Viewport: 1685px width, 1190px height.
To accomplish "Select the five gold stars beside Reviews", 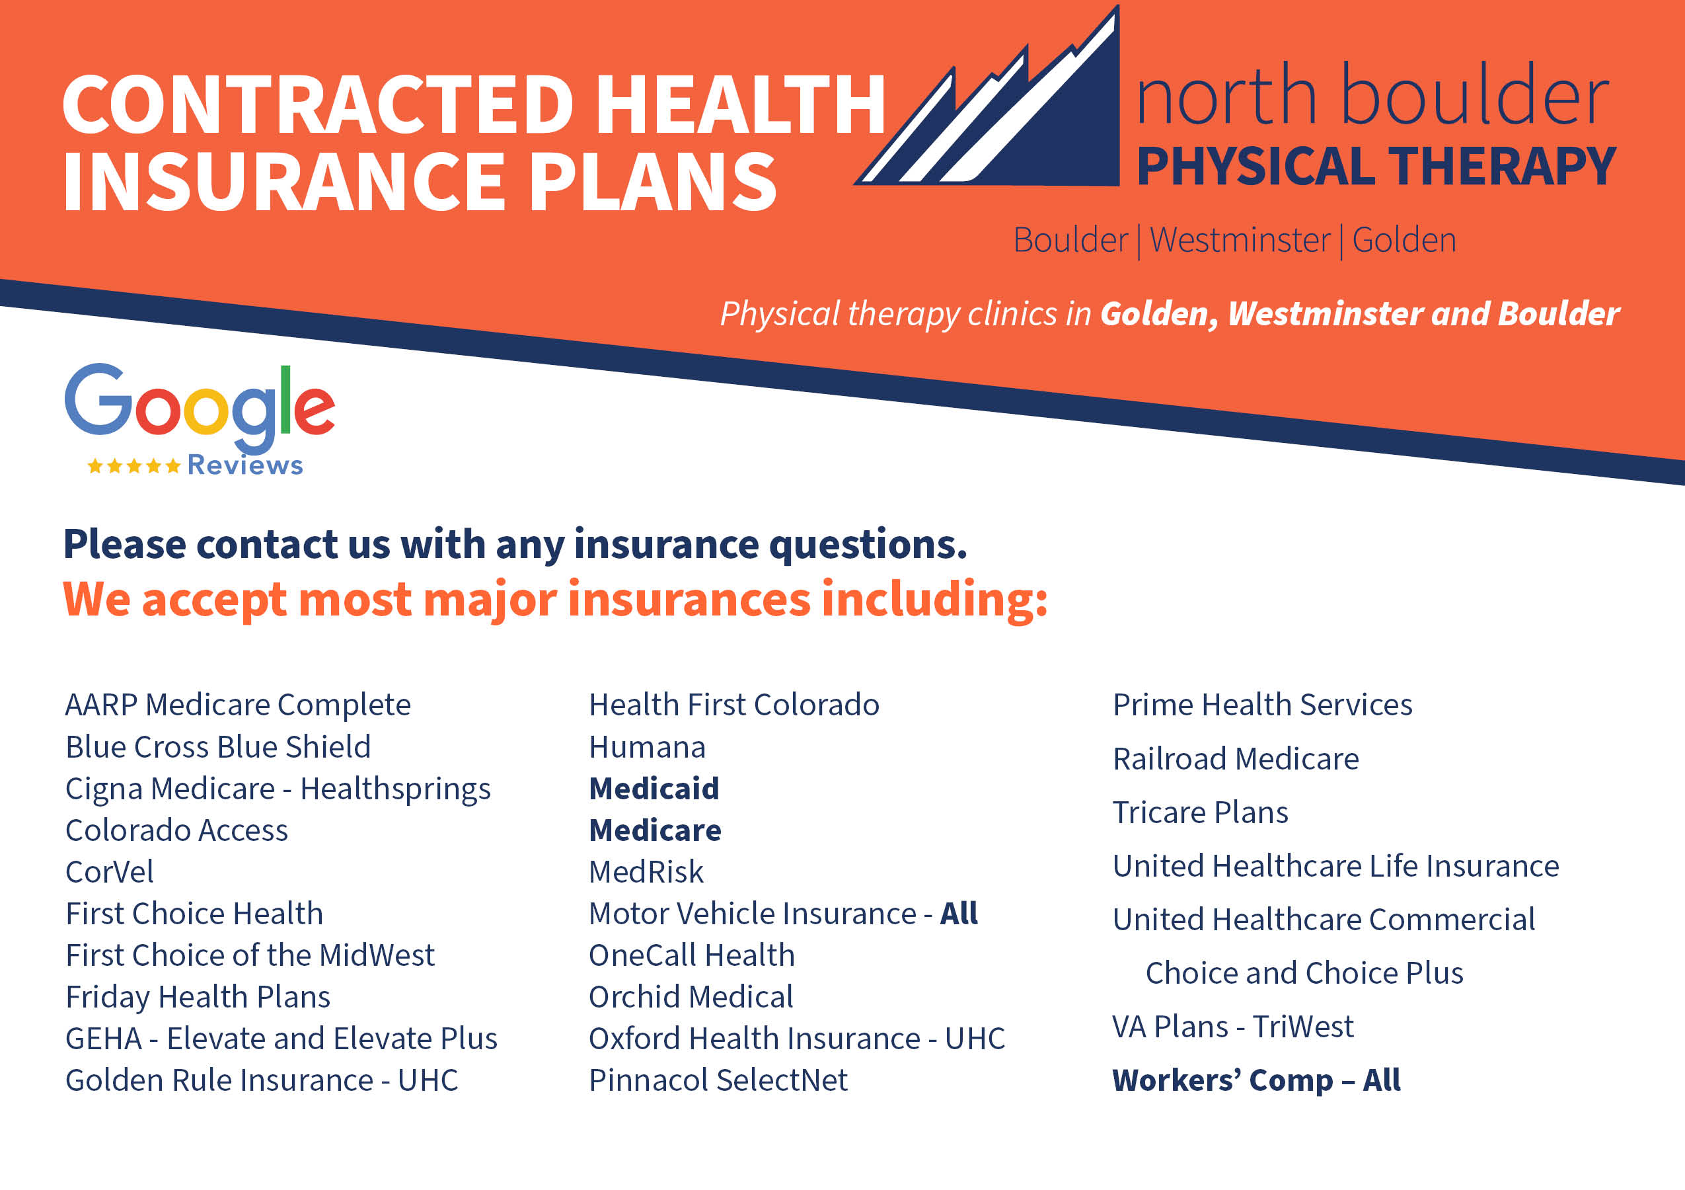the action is [x=133, y=465].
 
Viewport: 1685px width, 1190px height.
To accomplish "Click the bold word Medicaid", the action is [x=654, y=789].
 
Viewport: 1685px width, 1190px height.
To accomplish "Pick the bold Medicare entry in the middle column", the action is [x=655, y=830].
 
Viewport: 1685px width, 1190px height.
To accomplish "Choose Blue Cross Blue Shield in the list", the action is [x=218, y=746].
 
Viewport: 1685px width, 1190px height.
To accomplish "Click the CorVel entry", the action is [x=109, y=872].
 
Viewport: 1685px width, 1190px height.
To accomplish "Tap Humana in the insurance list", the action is [x=648, y=747].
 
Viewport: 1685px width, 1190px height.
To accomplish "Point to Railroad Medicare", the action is [x=1236, y=758].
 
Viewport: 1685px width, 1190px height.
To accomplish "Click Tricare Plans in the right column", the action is [x=1201, y=812].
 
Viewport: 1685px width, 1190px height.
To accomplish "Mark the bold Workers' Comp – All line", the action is [x=1256, y=1080].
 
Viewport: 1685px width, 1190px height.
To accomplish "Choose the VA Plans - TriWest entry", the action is [x=1233, y=1026].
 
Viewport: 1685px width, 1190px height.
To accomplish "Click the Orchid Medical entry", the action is [x=691, y=997].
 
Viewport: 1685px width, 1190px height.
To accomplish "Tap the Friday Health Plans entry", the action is [x=198, y=997].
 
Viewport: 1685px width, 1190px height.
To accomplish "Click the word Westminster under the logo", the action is [x=1240, y=240].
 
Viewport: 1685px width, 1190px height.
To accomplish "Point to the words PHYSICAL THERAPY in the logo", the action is [x=1376, y=166].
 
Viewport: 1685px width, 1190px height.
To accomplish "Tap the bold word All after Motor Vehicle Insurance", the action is [x=959, y=913].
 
